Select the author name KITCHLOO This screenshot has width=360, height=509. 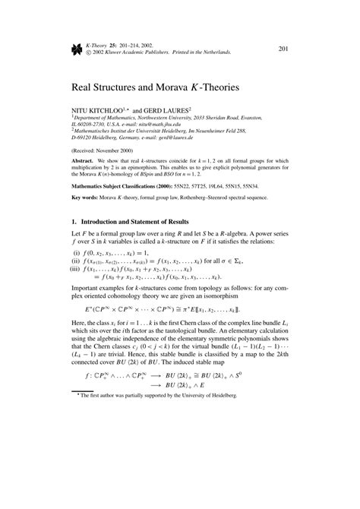pyautogui.click(x=107, y=109)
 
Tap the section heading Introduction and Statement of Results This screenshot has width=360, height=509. pyautogui.click(x=149, y=224)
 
